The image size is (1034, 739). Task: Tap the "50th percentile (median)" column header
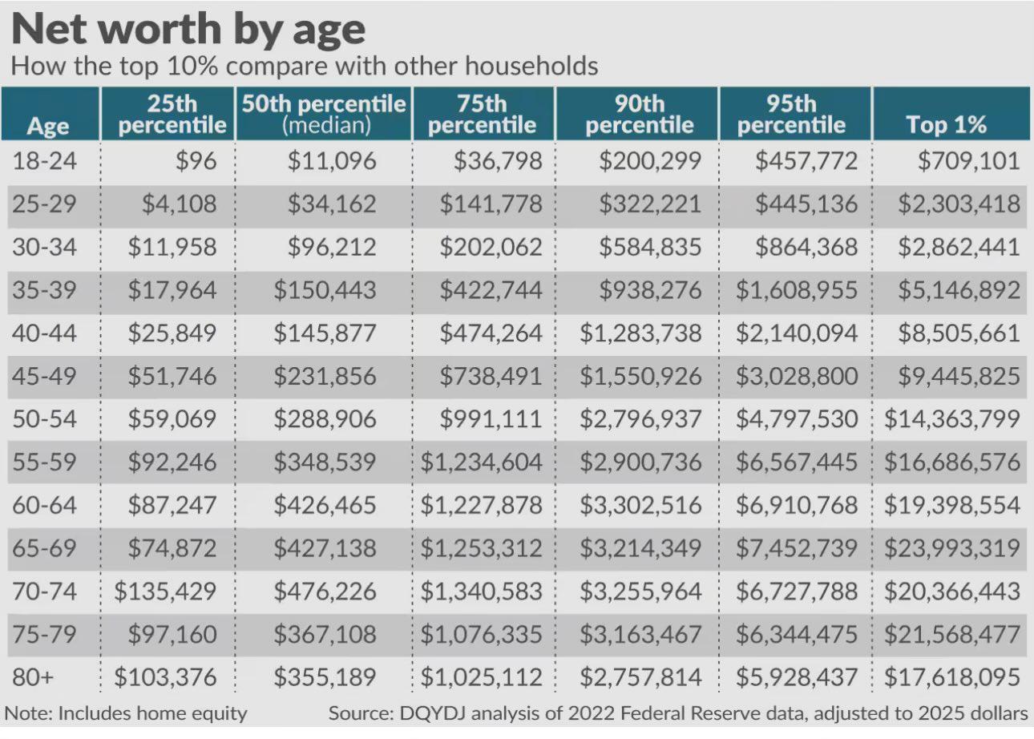click(x=324, y=114)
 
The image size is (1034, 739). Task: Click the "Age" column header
click(x=48, y=126)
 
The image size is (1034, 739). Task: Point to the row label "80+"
click(x=32, y=677)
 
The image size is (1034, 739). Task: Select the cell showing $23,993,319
click(x=951, y=548)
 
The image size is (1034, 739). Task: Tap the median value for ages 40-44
click(x=325, y=333)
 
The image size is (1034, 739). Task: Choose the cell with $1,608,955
click(x=796, y=290)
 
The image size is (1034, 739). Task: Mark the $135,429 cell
click(x=165, y=592)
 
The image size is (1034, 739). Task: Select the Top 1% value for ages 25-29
click(x=958, y=204)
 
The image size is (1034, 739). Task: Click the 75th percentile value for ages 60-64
click(x=482, y=505)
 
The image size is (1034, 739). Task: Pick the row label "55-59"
click(x=45, y=462)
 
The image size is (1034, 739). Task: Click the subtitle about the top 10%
click(x=305, y=66)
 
